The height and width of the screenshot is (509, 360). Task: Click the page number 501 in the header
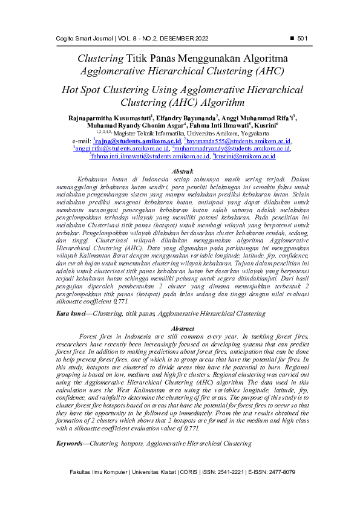[303, 39]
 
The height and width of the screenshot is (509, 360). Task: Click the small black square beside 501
[292, 39]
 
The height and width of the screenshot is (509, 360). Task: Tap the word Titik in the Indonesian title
[140, 59]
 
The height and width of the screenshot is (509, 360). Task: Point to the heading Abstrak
[183, 172]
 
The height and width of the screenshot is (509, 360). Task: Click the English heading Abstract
[183, 328]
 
